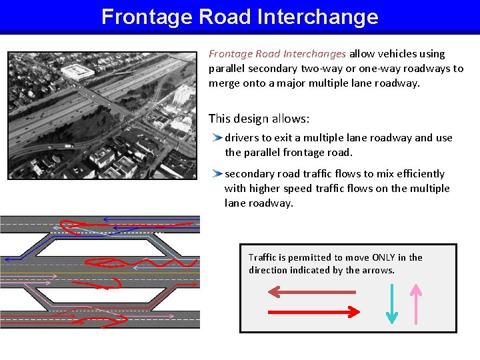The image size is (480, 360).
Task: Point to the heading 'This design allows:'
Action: tap(259, 119)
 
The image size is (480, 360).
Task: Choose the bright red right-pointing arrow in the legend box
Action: tap(313, 311)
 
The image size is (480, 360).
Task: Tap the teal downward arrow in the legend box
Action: tap(392, 304)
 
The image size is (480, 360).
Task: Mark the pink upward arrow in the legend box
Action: tap(415, 304)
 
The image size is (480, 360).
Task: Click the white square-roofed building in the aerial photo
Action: tap(77, 72)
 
